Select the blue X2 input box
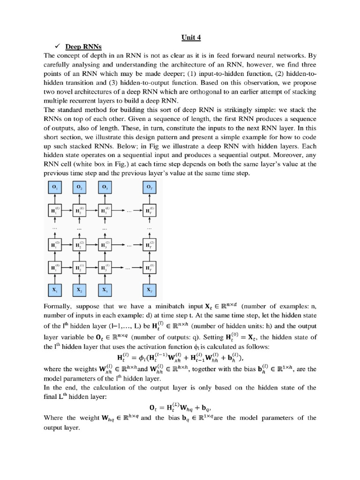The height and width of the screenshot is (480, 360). [x=79, y=290]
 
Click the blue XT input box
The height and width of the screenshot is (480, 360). [x=150, y=290]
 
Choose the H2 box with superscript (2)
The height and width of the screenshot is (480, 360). [x=79, y=245]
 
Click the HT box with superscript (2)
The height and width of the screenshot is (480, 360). [x=150, y=245]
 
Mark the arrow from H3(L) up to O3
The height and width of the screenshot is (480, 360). [x=105, y=199]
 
